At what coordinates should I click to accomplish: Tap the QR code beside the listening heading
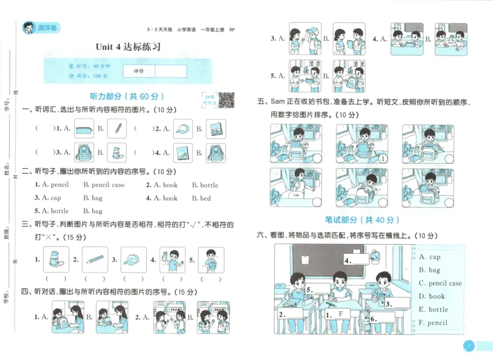pos(226,99)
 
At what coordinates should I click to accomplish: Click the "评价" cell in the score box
pos(139,71)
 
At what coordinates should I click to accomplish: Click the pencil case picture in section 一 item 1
pos(86,129)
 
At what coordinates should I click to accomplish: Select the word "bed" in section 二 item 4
pos(205,198)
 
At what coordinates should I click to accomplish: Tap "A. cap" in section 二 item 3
pos(47,198)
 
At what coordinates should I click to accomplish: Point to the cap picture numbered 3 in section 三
pos(133,260)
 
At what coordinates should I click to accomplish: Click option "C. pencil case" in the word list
pos(440,284)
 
